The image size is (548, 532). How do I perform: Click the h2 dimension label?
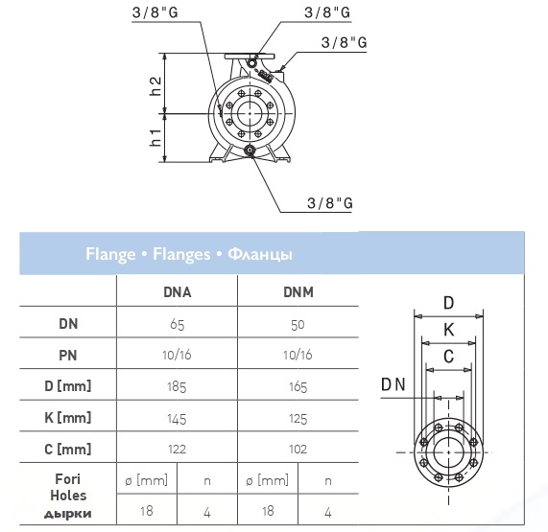[x=155, y=86]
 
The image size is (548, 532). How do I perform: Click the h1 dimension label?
[x=155, y=137]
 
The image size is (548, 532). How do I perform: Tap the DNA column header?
[x=178, y=292]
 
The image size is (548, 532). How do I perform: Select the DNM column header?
[x=298, y=292]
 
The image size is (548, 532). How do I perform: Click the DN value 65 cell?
[x=178, y=325]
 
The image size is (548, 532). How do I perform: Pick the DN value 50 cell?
[x=298, y=325]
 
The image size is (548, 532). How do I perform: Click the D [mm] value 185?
[x=177, y=387]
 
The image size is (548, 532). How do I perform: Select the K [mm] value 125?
[x=298, y=419]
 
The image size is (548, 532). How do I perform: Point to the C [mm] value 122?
[x=177, y=449]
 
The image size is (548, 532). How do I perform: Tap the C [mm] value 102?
[x=298, y=449]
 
